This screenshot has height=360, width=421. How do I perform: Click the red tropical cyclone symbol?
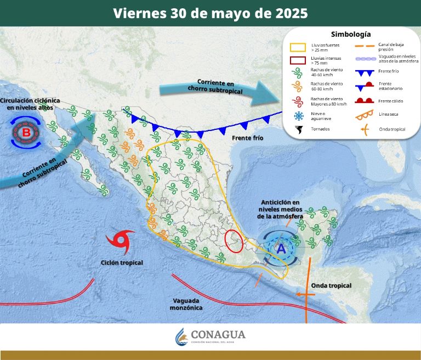[120, 241]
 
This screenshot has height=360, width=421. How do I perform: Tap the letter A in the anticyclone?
[281, 248]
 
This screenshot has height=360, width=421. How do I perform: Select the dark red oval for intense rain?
[235, 241]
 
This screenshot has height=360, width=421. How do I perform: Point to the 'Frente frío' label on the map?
[248, 138]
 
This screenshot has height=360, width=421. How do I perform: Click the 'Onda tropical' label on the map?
[331, 285]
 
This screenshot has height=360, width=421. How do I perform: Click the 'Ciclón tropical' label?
[122, 263]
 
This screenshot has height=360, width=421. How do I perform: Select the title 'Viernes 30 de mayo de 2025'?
[210, 13]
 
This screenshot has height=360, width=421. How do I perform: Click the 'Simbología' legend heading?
[351, 34]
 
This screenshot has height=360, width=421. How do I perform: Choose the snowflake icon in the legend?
[299, 116]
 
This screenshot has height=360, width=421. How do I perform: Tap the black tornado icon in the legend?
[299, 130]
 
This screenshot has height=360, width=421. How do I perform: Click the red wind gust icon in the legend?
[299, 101]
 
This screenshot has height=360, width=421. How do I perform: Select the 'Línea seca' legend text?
[389, 115]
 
